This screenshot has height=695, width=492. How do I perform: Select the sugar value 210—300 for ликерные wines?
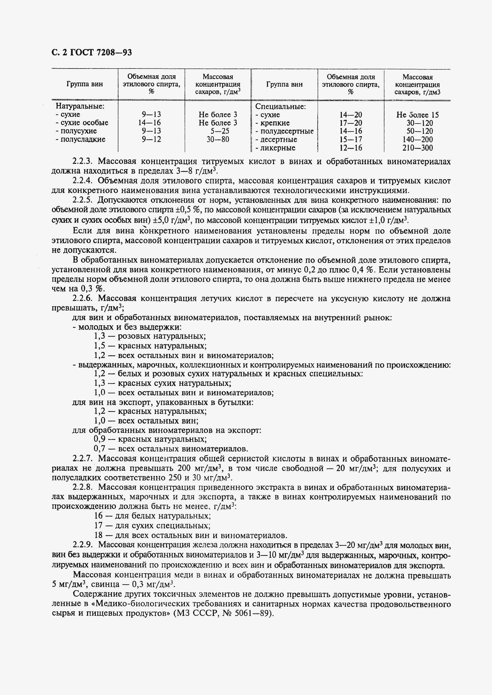[x=418, y=148]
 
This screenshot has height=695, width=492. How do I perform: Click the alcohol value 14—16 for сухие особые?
[x=151, y=123]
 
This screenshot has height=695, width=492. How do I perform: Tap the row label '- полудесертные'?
[x=284, y=131]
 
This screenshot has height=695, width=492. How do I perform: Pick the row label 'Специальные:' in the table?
[x=280, y=107]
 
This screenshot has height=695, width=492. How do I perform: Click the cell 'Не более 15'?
[x=418, y=115]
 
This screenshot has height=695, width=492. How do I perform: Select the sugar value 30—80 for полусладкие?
[x=218, y=140]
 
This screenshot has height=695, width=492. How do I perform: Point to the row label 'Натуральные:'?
[x=80, y=106]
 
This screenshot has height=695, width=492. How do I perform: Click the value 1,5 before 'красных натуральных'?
[x=99, y=346]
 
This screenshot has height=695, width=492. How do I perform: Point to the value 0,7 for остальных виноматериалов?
[x=99, y=449]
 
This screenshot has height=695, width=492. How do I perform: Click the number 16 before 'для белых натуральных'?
[x=98, y=516]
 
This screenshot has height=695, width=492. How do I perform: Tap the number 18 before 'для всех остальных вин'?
[x=98, y=535]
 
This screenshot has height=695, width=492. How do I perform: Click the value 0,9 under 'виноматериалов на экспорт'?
[x=99, y=439]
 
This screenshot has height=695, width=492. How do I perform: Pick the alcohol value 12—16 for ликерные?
[x=350, y=148]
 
